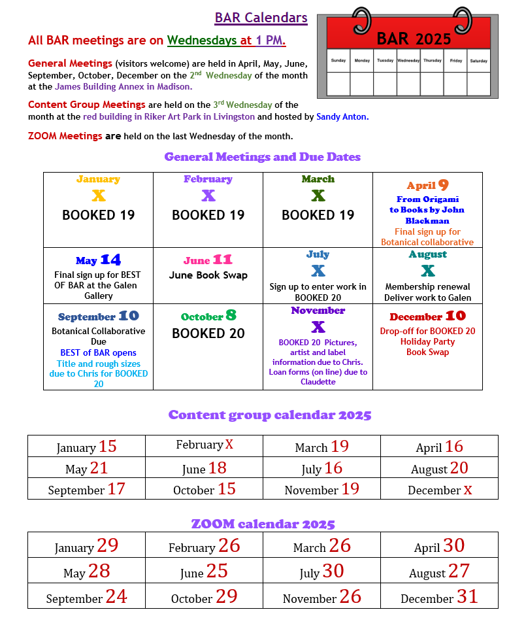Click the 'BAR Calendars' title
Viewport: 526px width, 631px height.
[x=261, y=18]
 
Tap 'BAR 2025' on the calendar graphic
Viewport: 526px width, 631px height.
[x=414, y=38]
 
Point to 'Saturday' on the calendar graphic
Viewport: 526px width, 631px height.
[x=478, y=61]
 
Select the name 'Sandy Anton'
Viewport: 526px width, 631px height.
[x=342, y=117]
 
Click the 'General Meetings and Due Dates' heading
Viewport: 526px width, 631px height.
[x=262, y=157]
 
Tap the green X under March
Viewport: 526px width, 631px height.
[x=318, y=196]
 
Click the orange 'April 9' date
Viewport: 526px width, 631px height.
[x=427, y=185]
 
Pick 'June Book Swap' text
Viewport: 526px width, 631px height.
[x=208, y=275]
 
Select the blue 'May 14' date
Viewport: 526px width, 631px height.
[x=98, y=260]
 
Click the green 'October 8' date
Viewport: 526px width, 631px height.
[x=208, y=316]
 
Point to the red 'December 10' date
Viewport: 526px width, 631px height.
[x=427, y=316]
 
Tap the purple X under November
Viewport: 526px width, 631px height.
[x=318, y=326]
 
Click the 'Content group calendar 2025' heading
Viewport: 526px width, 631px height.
[x=269, y=415]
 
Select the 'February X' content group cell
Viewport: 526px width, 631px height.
[x=205, y=445]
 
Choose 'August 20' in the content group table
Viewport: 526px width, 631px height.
[x=439, y=468]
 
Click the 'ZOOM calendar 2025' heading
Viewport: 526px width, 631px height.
[x=263, y=524]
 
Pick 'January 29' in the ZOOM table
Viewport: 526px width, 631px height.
[x=86, y=547]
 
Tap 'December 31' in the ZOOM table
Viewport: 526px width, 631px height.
[x=439, y=598]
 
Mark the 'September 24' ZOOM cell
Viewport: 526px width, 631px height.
[x=86, y=598]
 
